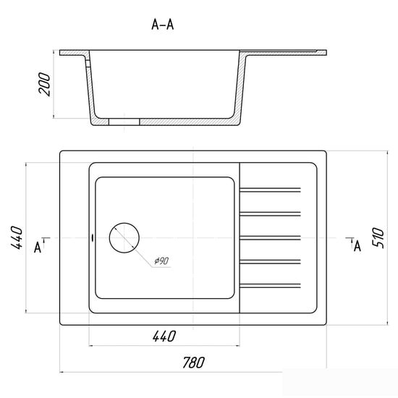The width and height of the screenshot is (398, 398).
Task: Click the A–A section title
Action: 162,25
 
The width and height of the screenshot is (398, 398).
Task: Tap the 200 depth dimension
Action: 44,84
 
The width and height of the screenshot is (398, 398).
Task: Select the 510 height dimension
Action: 378,237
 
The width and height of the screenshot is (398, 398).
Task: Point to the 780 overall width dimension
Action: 193,363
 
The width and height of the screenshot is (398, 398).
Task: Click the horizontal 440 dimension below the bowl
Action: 164,336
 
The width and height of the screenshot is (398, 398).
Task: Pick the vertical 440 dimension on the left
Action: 17,237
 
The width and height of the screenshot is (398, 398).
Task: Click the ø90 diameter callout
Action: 161,261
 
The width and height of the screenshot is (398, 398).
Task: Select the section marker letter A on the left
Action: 38,247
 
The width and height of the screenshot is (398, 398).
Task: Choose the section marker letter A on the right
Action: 357,245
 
